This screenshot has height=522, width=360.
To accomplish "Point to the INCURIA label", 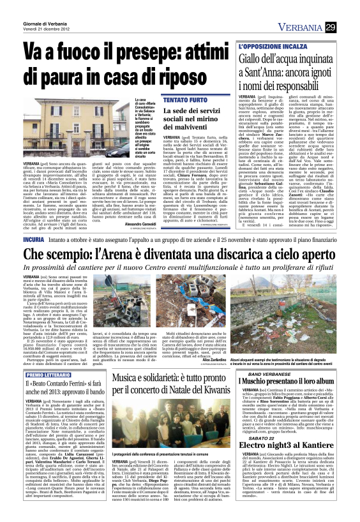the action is click(33, 236).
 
